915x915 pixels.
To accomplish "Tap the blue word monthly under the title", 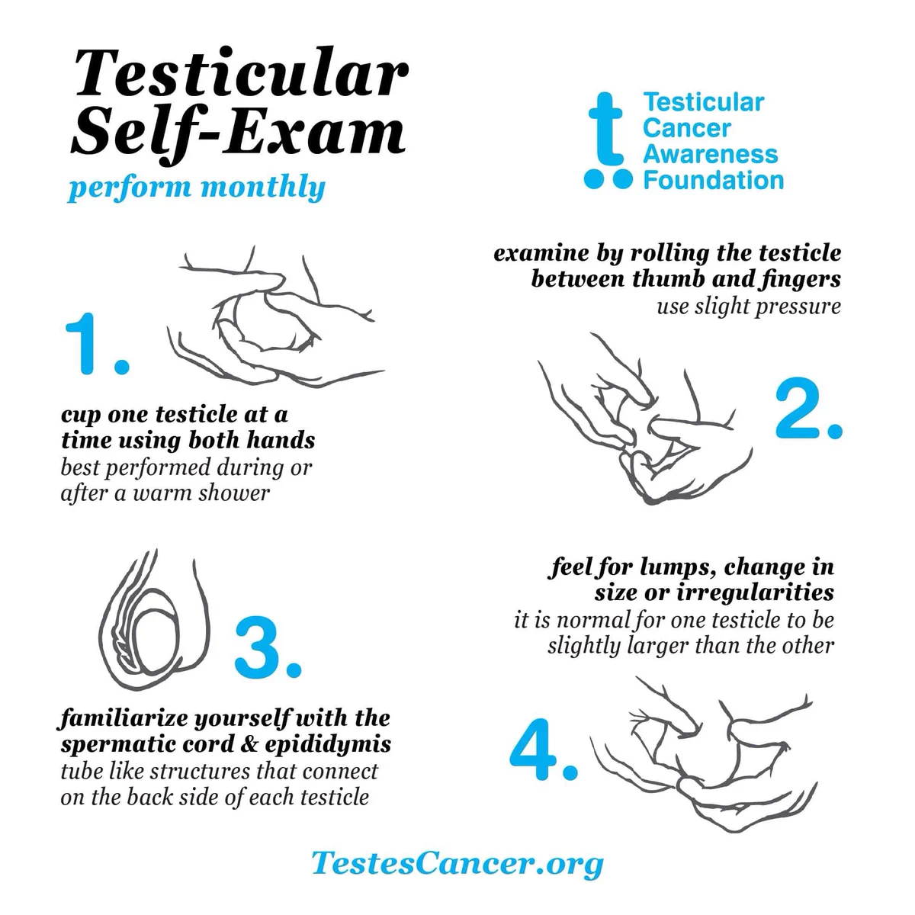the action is click(x=263, y=188).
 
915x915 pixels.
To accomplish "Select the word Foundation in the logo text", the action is click(x=713, y=181).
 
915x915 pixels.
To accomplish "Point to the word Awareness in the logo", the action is click(x=711, y=154).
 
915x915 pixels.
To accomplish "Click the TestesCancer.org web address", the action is click(x=457, y=863).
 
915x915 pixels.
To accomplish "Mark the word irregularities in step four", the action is click(x=755, y=592).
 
